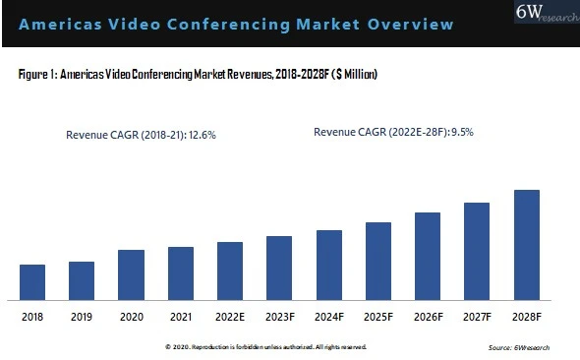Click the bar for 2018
[32, 281]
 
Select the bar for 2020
[131, 274]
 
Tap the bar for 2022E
[230, 270]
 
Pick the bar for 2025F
[378, 261]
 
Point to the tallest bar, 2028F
[527, 244]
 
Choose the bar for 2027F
[477, 251]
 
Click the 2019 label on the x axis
[82, 317]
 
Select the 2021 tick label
[180, 317]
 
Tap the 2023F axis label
[279, 317]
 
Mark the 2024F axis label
[328, 317]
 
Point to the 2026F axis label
[428, 317]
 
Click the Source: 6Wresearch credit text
[522, 348]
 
